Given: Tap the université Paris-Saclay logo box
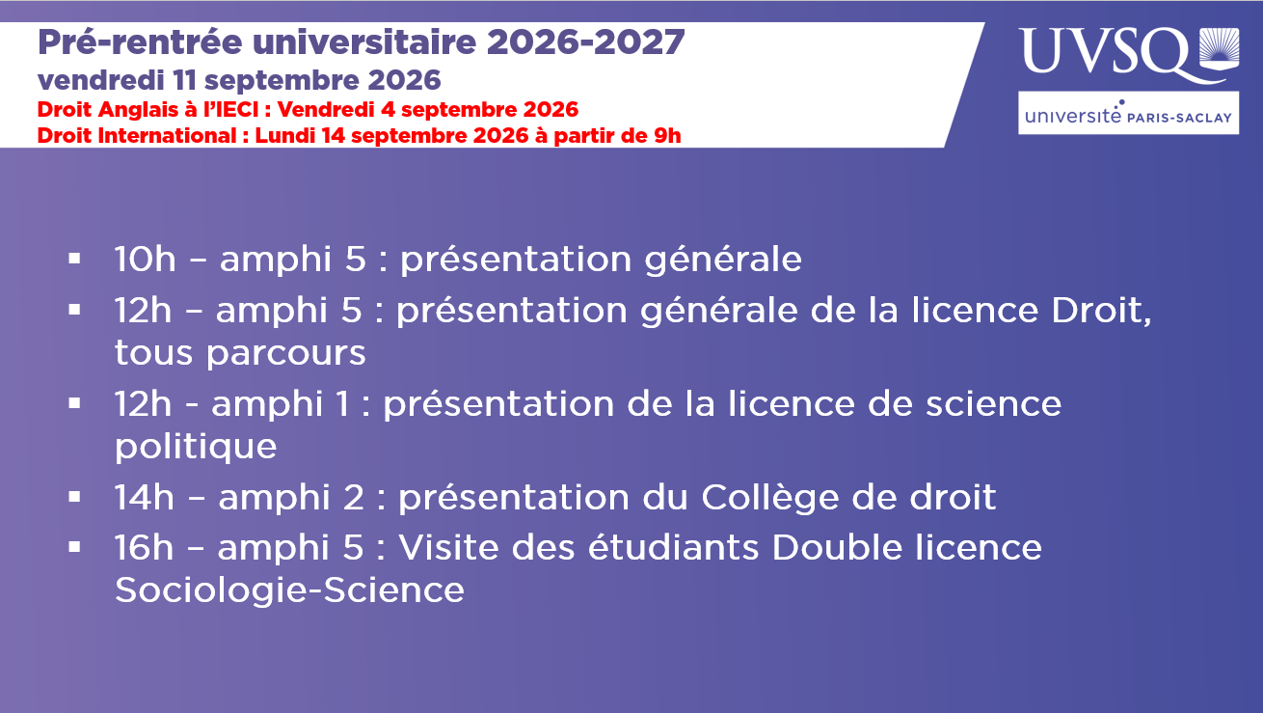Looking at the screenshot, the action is (1128, 113).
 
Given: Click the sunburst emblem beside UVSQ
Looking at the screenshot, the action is (1219, 49).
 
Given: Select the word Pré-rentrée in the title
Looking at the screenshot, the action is (140, 41).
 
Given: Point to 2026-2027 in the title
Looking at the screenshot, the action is (585, 41).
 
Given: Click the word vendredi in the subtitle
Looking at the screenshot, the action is (101, 80).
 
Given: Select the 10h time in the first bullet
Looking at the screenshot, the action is (145, 260).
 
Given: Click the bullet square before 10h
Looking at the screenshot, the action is (74, 259).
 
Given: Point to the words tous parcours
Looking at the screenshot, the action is (240, 354).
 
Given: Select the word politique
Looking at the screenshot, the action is (196, 448).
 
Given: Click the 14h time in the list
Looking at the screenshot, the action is (145, 498).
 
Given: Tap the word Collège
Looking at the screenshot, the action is (769, 499).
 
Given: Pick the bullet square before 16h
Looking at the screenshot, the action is (74, 547).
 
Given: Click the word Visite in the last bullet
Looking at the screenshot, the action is (449, 548).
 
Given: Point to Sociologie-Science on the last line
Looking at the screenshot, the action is (289, 591).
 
